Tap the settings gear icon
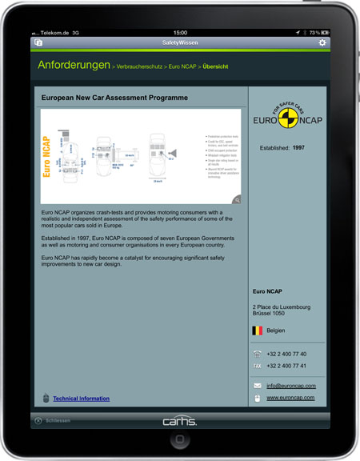click(x=322, y=42)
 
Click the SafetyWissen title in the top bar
click(x=179, y=42)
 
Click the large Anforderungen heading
click(x=73, y=65)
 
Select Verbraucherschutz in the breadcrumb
click(x=139, y=66)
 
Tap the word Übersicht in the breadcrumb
click(x=215, y=66)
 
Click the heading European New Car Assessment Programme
click(x=114, y=98)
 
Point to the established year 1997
click(x=298, y=148)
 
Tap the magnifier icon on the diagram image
click(x=237, y=198)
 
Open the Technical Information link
click(x=81, y=399)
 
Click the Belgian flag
click(x=258, y=330)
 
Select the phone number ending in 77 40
click(x=286, y=354)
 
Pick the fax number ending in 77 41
click(x=286, y=366)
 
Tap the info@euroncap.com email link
click(x=291, y=386)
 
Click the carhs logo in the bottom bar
click(x=179, y=420)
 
